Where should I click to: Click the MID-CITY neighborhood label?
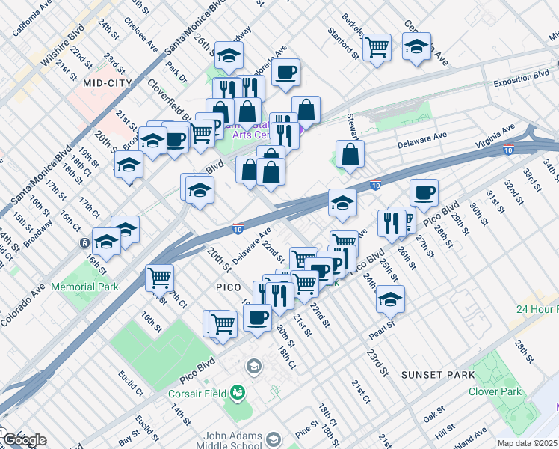(108, 82)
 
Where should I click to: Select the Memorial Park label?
(85, 287)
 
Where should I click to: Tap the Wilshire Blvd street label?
(63, 50)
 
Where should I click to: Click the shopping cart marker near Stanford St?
(377, 47)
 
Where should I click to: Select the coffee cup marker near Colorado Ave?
(285, 73)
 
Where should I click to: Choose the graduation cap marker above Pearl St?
(390, 299)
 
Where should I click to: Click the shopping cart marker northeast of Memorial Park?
(159, 278)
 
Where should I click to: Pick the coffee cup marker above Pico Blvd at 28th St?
(424, 192)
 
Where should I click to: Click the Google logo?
(24, 440)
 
